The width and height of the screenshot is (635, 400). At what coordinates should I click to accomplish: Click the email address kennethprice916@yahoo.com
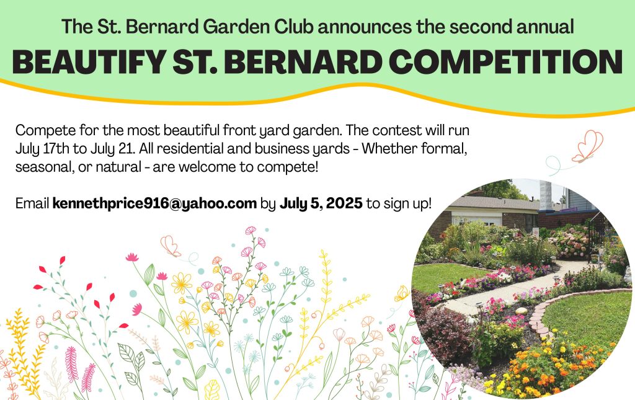(x=154, y=203)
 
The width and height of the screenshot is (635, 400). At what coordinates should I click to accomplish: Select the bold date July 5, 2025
(x=321, y=203)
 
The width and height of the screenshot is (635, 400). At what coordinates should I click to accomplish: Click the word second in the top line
(x=481, y=27)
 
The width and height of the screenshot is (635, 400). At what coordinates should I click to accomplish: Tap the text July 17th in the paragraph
(x=42, y=149)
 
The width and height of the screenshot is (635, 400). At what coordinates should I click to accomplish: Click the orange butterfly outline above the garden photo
(x=588, y=146)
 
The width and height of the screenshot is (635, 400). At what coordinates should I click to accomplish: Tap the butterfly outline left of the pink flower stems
(x=171, y=246)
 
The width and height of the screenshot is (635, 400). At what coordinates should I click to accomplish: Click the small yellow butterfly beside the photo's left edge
(x=402, y=293)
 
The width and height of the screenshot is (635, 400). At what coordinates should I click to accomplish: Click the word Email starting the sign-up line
(x=32, y=203)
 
